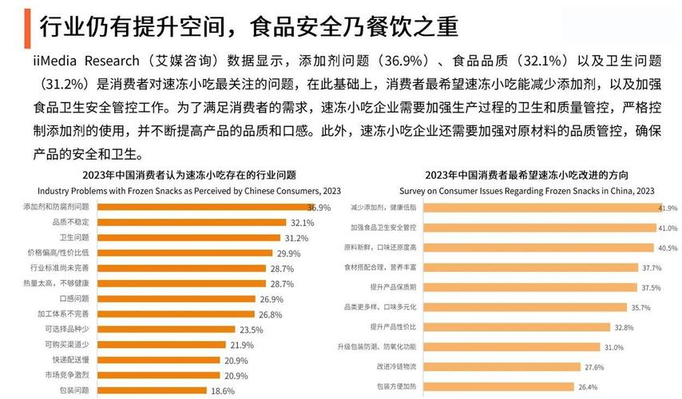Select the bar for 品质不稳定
click(x=192, y=223)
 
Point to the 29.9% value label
click(x=288, y=253)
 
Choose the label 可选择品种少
click(x=69, y=330)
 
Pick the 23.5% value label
click(x=251, y=330)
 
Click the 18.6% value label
click(x=223, y=391)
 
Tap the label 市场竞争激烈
click(x=69, y=376)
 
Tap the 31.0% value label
click(x=613, y=347)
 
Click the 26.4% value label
click(x=588, y=387)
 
